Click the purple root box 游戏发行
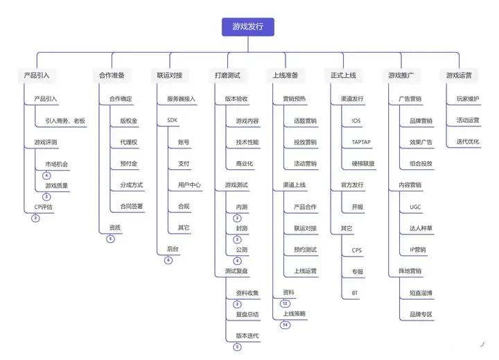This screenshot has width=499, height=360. click(248, 27)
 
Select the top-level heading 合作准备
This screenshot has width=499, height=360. click(112, 76)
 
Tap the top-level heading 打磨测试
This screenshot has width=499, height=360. click(227, 76)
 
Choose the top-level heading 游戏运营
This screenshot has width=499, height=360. click(459, 76)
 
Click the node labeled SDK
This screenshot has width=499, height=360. click(172, 120)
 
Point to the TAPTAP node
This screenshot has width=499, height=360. click(361, 142)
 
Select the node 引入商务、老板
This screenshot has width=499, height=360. click(65, 121)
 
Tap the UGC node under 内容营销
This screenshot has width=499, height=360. click(415, 207)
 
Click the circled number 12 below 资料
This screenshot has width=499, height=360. click(285, 304)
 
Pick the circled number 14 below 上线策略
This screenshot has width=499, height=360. click(285, 325)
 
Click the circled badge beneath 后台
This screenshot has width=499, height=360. click(168, 260)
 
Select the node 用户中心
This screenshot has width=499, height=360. click(189, 185)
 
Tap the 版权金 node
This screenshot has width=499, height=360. click(129, 121)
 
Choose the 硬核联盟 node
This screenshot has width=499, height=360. click(363, 164)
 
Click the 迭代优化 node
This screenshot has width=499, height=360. click(468, 142)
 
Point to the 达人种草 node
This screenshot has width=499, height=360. click(421, 228)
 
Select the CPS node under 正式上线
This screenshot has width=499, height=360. click(357, 250)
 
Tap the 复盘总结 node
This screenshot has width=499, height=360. click(247, 314)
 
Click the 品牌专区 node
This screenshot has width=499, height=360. click(421, 314)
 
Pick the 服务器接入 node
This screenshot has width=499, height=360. click(181, 98)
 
